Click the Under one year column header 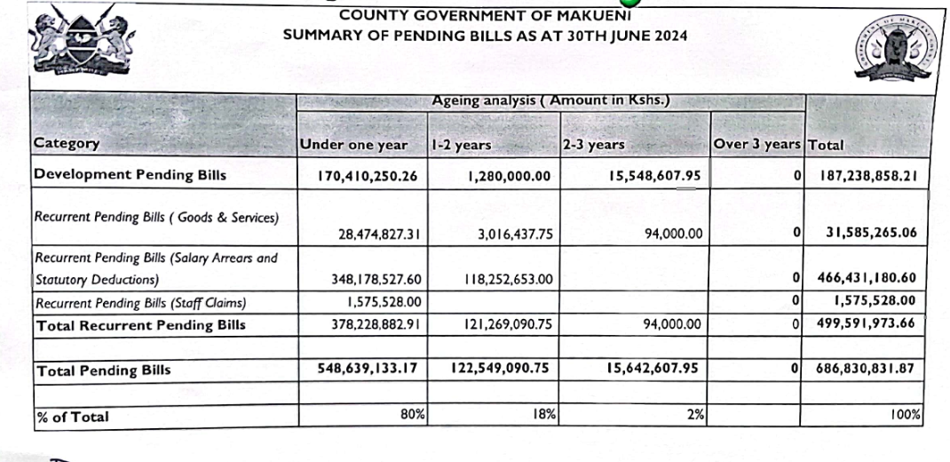point(353,144)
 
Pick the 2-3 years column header point(593,144)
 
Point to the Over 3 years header point(757,144)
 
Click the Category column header point(67,143)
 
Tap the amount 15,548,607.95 point(655,176)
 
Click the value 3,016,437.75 point(509,235)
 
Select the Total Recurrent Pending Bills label point(140,325)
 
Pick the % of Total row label point(74,416)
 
